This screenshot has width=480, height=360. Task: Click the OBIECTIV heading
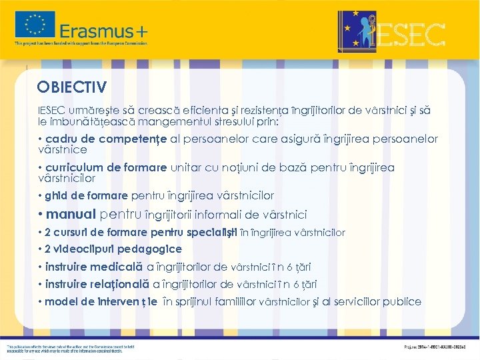pos(72,87)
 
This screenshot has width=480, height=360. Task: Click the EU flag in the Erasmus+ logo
pos(35,25)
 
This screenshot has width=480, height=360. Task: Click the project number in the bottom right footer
pos(441,347)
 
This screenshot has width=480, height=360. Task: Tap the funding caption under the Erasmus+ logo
pos(81,43)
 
